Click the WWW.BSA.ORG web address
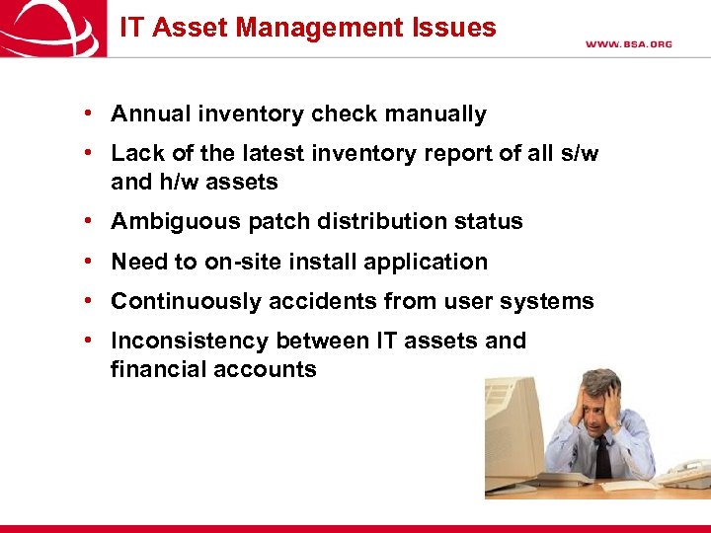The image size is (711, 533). [628, 44]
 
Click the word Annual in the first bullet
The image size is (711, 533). [149, 114]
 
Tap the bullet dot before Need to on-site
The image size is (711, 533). [89, 262]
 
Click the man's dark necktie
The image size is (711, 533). [602, 456]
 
